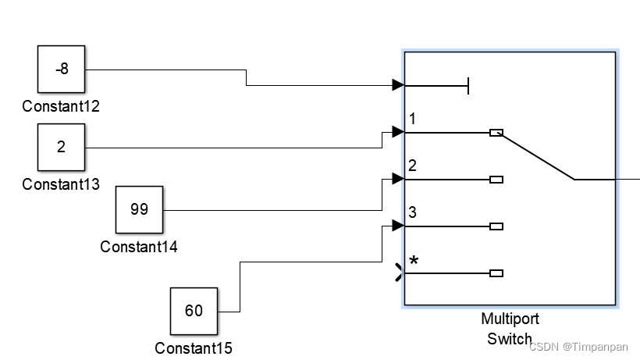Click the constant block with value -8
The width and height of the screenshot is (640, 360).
(x=62, y=70)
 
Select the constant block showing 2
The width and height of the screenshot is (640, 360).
(x=62, y=148)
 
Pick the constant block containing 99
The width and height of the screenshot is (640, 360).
(x=139, y=210)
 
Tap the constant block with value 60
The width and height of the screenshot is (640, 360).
(x=194, y=311)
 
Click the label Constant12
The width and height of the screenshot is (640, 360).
(x=61, y=106)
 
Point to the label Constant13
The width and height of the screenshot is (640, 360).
(x=61, y=184)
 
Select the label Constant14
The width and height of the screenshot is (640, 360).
(x=139, y=247)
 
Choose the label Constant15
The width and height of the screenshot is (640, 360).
(x=194, y=348)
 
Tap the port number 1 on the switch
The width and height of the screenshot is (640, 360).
(x=412, y=119)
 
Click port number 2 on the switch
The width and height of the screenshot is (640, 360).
(x=412, y=166)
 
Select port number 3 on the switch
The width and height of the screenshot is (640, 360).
(x=412, y=212)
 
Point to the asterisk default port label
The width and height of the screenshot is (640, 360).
(x=414, y=261)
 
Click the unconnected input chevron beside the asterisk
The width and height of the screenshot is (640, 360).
(x=400, y=273)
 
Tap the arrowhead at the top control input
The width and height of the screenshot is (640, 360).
(x=398, y=85)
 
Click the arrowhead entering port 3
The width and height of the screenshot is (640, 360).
(x=398, y=226)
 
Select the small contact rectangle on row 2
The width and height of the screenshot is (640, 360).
(x=496, y=180)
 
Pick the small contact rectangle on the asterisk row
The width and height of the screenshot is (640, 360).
(x=496, y=273)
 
